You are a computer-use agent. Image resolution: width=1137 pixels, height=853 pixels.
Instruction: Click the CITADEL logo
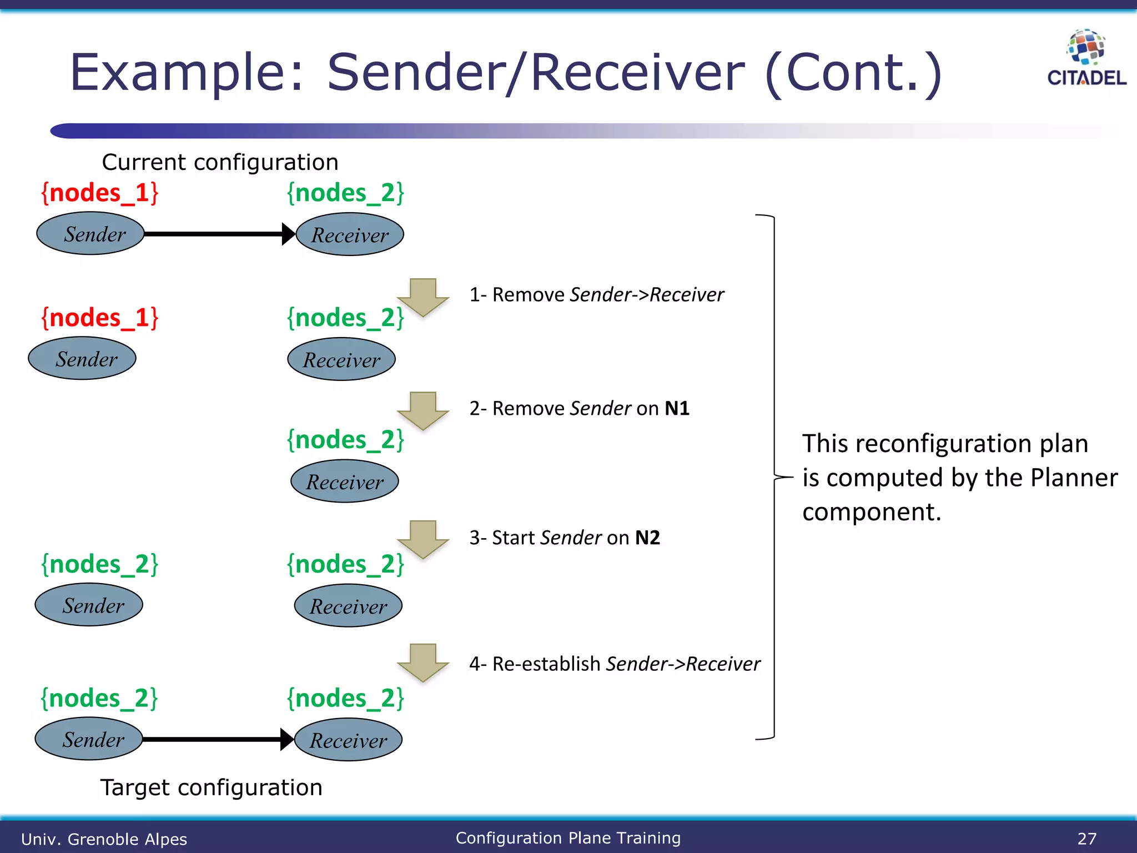tap(1086, 59)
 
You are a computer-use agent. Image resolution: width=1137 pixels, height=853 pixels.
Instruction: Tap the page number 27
tap(1086, 838)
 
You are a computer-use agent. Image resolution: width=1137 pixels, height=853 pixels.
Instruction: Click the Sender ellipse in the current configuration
tap(90, 234)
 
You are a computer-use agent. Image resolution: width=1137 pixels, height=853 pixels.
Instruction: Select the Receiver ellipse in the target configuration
tap(348, 740)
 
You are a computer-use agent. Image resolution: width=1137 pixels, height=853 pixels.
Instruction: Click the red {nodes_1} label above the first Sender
tap(100, 193)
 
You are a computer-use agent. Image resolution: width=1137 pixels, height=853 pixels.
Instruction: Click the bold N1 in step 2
tap(677, 409)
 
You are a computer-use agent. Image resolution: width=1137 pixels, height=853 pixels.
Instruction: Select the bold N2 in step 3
tap(647, 538)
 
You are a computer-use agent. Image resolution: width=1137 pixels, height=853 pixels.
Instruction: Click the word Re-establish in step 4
tap(546, 664)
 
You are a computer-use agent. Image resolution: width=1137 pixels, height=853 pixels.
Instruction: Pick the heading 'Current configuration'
tap(220, 162)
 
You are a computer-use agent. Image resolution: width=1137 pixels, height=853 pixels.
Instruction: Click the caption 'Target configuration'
tap(211, 787)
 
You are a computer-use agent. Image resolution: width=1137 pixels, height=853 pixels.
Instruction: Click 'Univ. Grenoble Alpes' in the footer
tap(104, 839)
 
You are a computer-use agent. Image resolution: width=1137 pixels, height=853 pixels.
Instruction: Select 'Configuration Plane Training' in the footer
tap(568, 837)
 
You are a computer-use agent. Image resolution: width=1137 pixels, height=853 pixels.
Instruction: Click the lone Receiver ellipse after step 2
tap(345, 481)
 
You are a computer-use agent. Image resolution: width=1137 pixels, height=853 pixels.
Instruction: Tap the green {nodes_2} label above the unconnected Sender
tap(100, 564)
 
